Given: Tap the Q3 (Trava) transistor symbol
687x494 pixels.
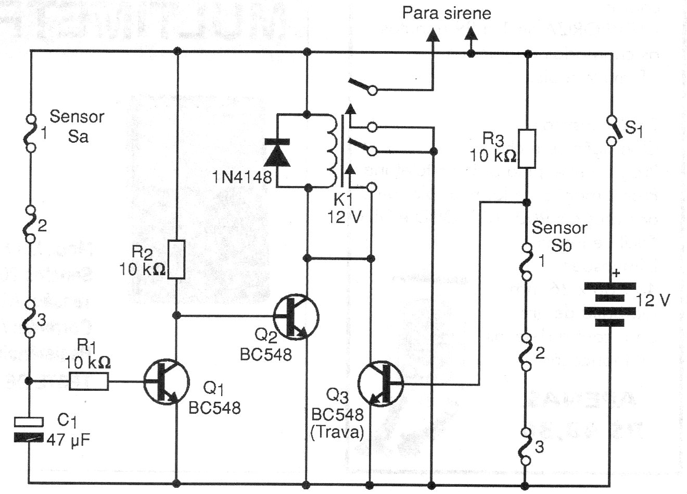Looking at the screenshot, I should tap(381, 385).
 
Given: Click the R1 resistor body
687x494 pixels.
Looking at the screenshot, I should tap(90, 382).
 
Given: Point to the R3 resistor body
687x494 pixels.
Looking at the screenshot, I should tap(527, 149).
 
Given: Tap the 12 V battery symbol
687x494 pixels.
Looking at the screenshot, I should tap(609, 304).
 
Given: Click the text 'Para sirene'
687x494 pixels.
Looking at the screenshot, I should tap(447, 13).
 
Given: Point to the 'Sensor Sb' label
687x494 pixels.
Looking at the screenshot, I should tap(559, 236).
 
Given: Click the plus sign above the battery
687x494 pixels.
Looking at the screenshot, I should tap(617, 272).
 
